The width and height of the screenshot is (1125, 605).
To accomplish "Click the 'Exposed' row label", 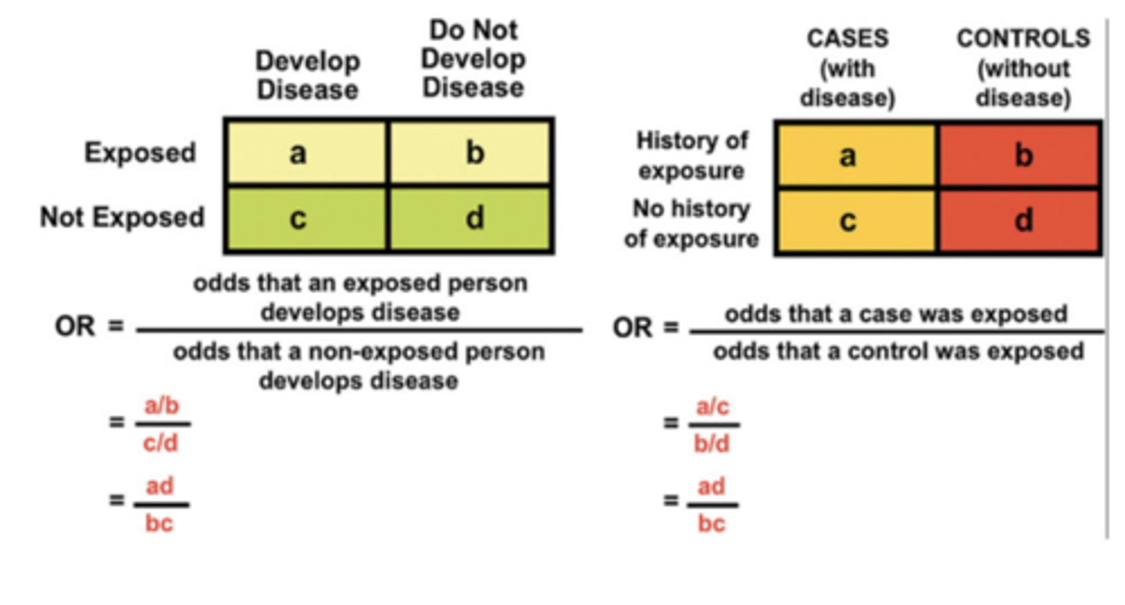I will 141,153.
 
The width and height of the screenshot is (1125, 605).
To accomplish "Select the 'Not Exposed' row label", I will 123,217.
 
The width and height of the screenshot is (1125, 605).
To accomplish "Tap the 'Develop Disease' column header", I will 308,75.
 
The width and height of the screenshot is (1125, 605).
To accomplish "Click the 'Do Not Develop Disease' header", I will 473,59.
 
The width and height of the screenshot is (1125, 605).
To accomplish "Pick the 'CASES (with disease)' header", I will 847,69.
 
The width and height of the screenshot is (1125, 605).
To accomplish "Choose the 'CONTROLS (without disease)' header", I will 1023,69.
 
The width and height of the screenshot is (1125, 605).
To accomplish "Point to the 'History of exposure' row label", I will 691,155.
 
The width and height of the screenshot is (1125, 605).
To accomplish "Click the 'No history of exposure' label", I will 691,224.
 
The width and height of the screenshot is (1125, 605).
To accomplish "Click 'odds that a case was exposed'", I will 895,315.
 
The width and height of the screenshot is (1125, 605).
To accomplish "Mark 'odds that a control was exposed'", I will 898,351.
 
